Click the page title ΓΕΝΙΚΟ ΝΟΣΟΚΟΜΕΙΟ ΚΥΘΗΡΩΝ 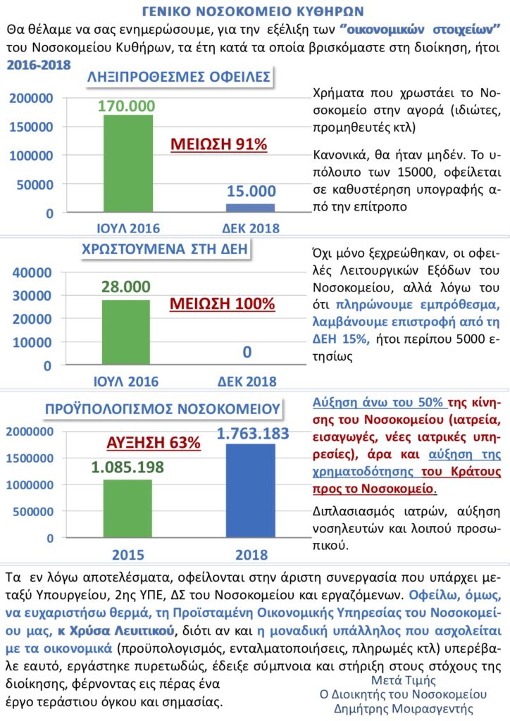tap(255, 12)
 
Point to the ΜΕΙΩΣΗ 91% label tap(220, 144)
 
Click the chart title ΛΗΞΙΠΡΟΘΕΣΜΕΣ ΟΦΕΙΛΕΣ tap(178, 78)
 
